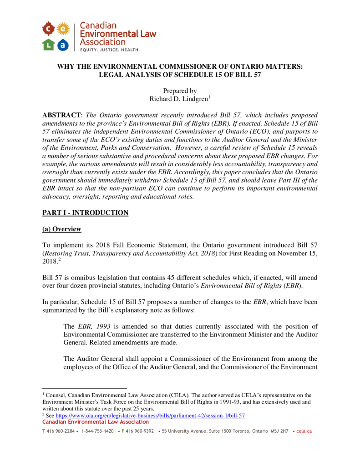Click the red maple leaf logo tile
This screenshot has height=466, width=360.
[x=48, y=30]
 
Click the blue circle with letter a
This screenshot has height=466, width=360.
[x=63, y=44]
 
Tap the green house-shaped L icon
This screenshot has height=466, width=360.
[x=48, y=44]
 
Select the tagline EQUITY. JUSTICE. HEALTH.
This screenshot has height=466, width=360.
[x=110, y=49]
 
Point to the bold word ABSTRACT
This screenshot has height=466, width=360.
[x=59, y=116]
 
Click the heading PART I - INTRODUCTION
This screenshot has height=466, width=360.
[x=85, y=213]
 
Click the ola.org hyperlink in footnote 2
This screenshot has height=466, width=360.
[x=150, y=415]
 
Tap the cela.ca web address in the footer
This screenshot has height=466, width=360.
[x=304, y=431]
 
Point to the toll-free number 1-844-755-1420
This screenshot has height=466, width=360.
[x=97, y=431]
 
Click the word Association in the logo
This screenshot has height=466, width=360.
[x=103, y=42]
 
